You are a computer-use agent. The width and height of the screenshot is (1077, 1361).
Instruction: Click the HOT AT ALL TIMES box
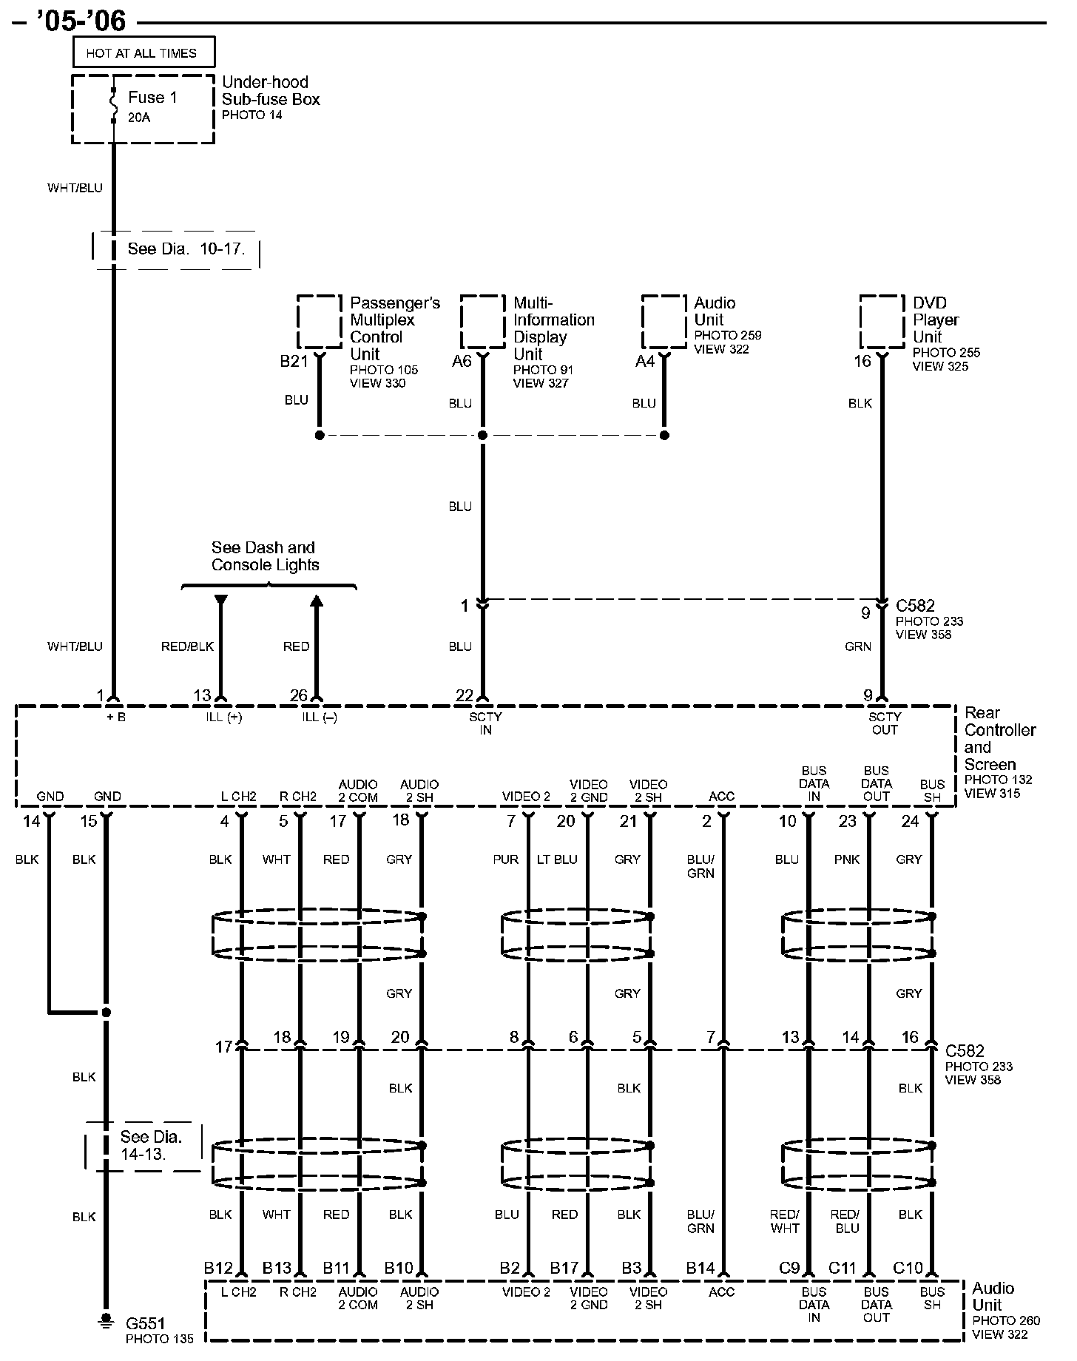144,53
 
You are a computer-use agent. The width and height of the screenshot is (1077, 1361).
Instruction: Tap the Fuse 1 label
152,98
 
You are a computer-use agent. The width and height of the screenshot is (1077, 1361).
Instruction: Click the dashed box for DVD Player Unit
882,322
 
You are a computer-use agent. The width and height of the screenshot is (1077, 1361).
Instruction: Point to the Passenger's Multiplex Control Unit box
320,322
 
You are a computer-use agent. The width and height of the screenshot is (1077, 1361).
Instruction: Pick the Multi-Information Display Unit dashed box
483,322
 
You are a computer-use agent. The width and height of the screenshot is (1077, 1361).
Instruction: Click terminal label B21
294,362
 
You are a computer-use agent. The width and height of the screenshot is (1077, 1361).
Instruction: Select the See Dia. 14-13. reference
151,1145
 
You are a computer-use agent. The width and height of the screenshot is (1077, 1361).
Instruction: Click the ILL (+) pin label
225,717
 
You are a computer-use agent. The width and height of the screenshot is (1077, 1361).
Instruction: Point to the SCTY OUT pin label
885,723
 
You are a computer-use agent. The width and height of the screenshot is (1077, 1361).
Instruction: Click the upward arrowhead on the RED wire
317,602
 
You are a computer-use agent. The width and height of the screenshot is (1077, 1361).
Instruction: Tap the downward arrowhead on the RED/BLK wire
220,601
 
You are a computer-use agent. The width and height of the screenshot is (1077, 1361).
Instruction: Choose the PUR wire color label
506,860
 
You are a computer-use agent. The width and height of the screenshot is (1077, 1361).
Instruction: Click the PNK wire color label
847,860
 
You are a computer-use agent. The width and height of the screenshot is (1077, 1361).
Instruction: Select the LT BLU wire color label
566,860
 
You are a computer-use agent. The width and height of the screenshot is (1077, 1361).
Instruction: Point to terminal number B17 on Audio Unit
564,1268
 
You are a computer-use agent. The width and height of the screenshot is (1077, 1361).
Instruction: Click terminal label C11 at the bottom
842,1268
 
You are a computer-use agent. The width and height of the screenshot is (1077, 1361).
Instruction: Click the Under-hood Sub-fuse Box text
271,91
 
